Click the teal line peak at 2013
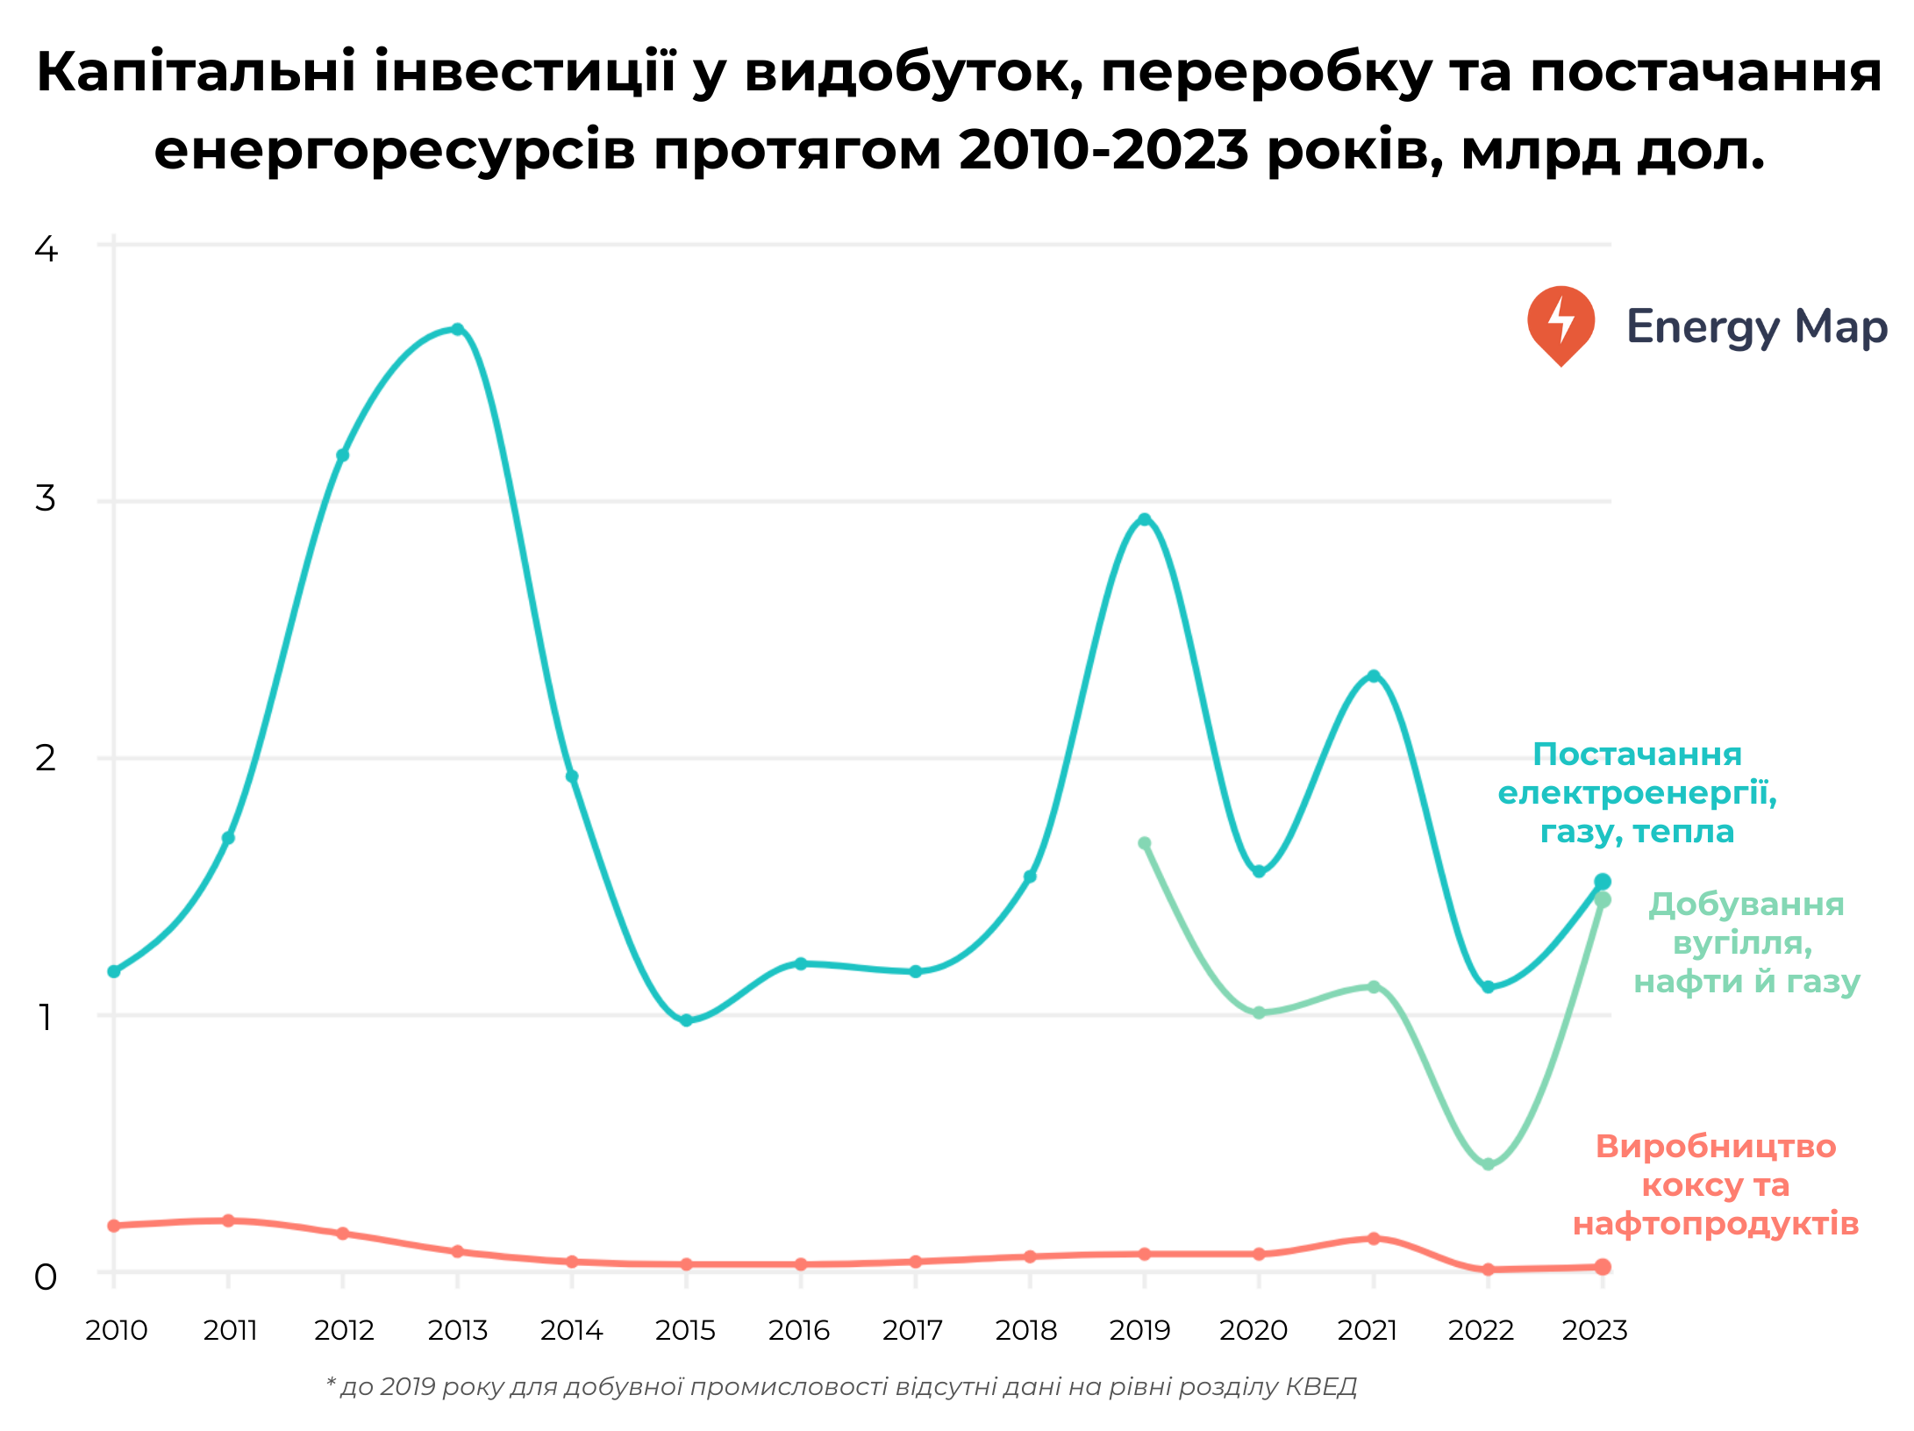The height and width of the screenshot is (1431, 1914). pyautogui.click(x=457, y=329)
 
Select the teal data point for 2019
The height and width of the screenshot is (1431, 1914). pyautogui.click(x=1144, y=519)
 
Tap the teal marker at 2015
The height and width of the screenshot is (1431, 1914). pyautogui.click(x=686, y=1020)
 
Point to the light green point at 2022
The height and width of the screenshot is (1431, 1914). pyautogui.click(x=1488, y=1164)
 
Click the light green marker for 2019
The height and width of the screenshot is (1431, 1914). pyautogui.click(x=1144, y=843)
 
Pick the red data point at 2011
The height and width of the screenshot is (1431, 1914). pyautogui.click(x=228, y=1220)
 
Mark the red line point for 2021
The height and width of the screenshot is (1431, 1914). pyautogui.click(x=1374, y=1238)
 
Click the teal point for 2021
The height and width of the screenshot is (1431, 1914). pyautogui.click(x=1374, y=676)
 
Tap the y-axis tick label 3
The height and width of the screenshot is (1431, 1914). pyautogui.click(x=45, y=498)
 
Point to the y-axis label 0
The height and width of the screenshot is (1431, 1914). pyautogui.click(x=45, y=1277)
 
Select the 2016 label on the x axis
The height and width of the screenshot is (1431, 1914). pyautogui.click(x=798, y=1330)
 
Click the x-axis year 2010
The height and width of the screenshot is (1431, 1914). pyautogui.click(x=116, y=1330)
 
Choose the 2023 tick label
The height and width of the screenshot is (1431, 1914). pyautogui.click(x=1594, y=1330)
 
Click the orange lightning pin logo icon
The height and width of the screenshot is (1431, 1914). pyautogui.click(x=1560, y=324)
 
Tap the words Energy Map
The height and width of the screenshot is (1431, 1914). pyautogui.click(x=1756, y=326)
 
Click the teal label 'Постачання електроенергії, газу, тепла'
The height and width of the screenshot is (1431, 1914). pyautogui.click(x=1637, y=792)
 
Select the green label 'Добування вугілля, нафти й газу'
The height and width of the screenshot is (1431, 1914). pyautogui.click(x=1746, y=942)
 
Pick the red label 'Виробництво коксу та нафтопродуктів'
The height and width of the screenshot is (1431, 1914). pyautogui.click(x=1715, y=1184)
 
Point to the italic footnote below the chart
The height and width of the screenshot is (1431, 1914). pyautogui.click(x=841, y=1386)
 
